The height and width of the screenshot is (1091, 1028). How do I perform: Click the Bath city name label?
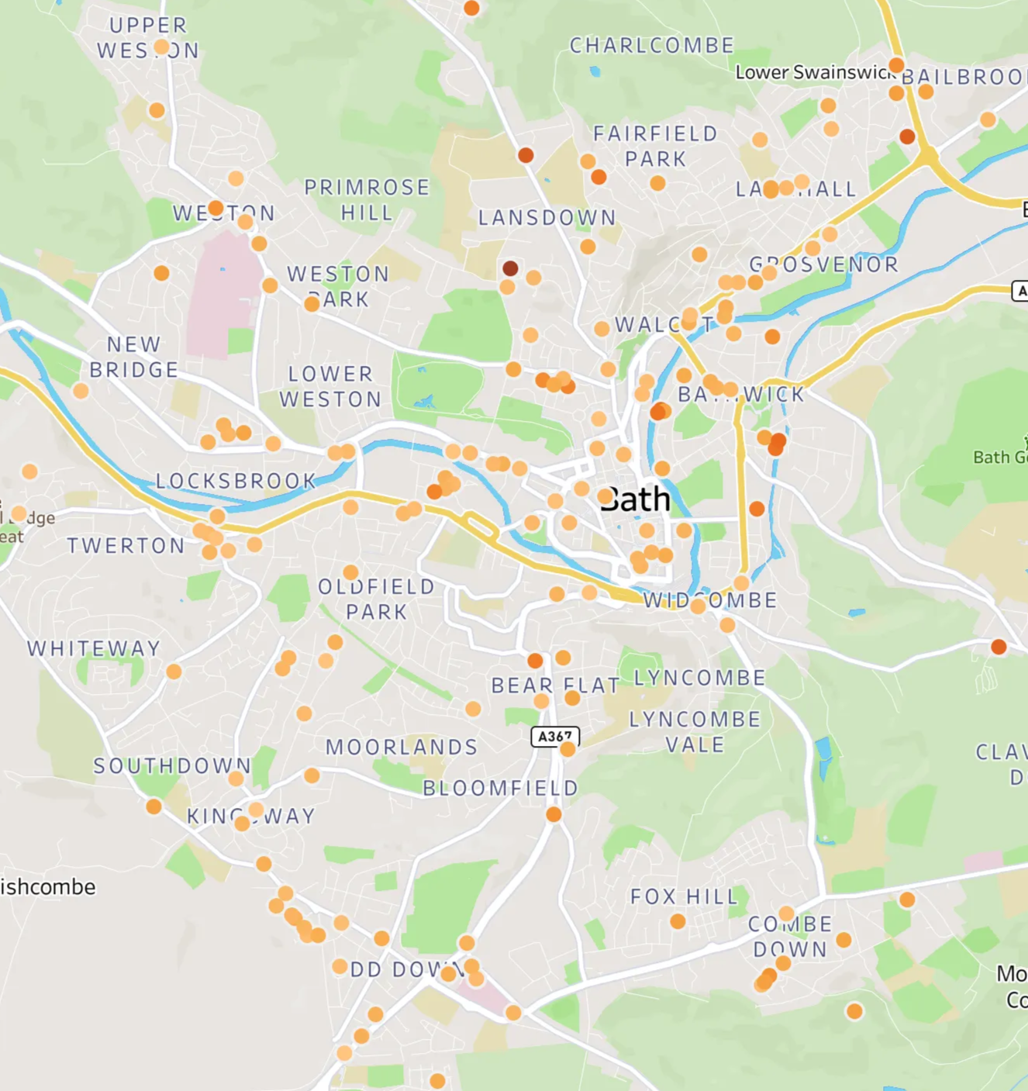(x=635, y=499)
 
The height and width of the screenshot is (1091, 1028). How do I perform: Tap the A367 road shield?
(x=555, y=736)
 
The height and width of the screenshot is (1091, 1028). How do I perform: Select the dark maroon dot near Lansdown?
(x=510, y=268)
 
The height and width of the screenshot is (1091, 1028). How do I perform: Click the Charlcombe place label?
(x=651, y=46)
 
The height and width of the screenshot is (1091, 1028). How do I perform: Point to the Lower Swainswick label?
(x=814, y=72)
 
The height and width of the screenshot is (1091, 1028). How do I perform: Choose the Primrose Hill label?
(x=367, y=200)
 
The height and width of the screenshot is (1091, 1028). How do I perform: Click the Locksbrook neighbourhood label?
(x=236, y=482)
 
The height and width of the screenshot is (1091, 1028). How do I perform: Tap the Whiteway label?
(x=94, y=648)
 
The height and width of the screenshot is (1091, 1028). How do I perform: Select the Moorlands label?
(x=402, y=747)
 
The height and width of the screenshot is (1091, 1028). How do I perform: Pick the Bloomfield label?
(x=500, y=788)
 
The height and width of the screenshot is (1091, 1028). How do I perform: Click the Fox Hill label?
(x=684, y=897)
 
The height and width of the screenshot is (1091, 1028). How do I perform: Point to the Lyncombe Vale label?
(x=695, y=732)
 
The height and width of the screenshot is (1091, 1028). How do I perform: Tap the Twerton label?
(x=126, y=546)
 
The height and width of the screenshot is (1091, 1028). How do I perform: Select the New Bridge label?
(x=134, y=357)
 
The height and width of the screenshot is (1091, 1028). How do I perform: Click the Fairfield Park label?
(x=656, y=146)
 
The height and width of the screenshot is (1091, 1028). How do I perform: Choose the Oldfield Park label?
(x=377, y=599)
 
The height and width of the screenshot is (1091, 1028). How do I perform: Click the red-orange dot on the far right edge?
(x=999, y=647)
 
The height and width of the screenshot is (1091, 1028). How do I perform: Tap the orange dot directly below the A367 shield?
(x=567, y=749)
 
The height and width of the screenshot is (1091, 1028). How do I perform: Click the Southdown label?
(x=172, y=766)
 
